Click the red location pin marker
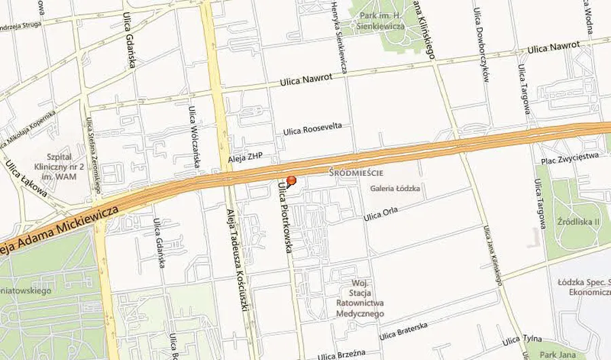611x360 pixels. (x=291, y=181)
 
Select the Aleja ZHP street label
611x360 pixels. (x=245, y=156)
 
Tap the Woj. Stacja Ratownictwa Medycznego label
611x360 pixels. (x=359, y=298)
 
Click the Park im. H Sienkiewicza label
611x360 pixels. (x=382, y=20)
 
